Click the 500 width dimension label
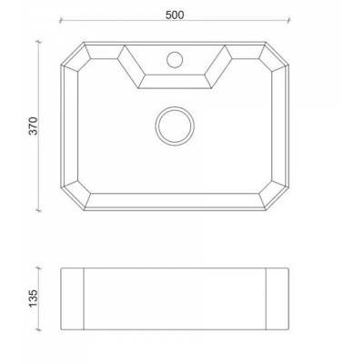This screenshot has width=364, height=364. click(x=175, y=15)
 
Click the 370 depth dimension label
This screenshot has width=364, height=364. click(x=33, y=126)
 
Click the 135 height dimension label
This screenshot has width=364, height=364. click(x=33, y=298)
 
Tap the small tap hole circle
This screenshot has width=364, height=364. click(x=175, y=59)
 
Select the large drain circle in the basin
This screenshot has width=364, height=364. click(x=175, y=126)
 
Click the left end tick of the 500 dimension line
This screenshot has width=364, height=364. click(x=61, y=21)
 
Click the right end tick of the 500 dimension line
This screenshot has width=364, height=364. click(x=288, y=21)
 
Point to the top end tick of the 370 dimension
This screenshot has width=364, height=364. click(x=38, y=42)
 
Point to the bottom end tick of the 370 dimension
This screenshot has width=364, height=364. click(x=38, y=210)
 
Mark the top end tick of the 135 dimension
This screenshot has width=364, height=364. click(x=38, y=268)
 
